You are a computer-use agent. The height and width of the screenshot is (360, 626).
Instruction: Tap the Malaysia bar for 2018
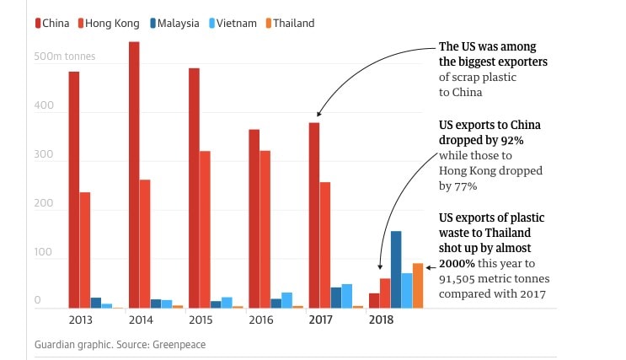tap(396, 270)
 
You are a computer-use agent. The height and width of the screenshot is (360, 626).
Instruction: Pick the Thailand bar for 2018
tap(418, 286)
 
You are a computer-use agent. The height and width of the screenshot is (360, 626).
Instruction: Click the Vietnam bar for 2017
tap(347, 296)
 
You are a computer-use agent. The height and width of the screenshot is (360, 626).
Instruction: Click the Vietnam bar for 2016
tap(287, 300)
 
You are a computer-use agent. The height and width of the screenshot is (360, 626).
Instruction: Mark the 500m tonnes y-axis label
tap(65, 57)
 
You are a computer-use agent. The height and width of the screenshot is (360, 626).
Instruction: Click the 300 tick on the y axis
tap(44, 156)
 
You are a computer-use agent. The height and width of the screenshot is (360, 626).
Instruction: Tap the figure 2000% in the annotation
tap(457, 263)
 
